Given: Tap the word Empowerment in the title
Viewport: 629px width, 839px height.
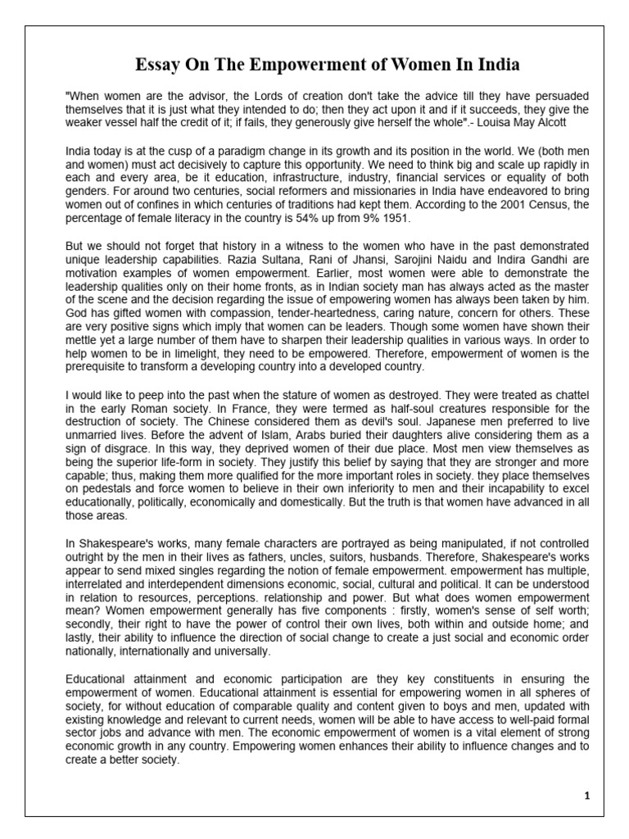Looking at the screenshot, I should click(x=287, y=64).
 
